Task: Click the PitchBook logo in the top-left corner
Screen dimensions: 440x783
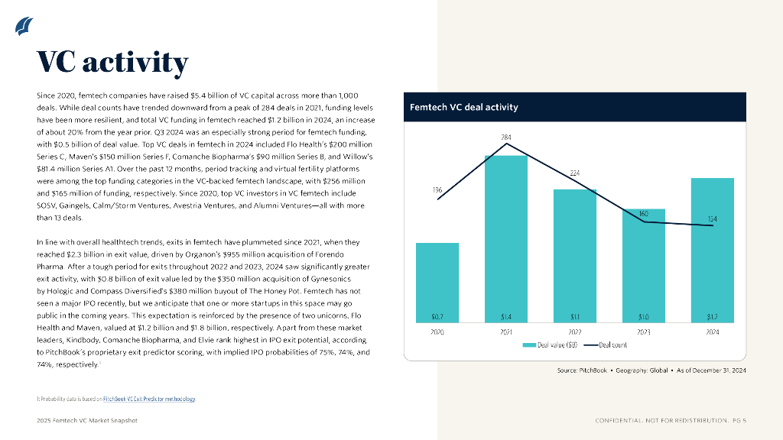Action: click(x=24, y=26)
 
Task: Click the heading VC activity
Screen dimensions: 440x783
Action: click(x=112, y=63)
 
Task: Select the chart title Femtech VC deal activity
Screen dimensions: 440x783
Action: click(x=464, y=107)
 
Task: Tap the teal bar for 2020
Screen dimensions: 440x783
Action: click(x=437, y=283)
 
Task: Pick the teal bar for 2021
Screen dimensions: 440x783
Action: click(x=506, y=237)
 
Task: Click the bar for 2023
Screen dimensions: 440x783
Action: click(x=643, y=264)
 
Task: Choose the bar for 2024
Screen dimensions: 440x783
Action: click(x=712, y=248)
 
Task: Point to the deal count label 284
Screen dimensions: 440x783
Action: click(x=506, y=138)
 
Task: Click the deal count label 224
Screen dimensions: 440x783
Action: click(x=575, y=173)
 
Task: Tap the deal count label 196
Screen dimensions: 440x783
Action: click(x=437, y=189)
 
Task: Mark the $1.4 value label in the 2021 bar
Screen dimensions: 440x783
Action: click(x=506, y=316)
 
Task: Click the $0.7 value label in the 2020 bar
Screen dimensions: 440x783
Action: click(x=437, y=316)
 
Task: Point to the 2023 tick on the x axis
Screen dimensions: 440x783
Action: click(x=643, y=332)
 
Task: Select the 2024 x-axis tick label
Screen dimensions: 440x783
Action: click(x=712, y=332)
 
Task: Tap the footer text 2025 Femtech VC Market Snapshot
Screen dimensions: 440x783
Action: click(x=87, y=421)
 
